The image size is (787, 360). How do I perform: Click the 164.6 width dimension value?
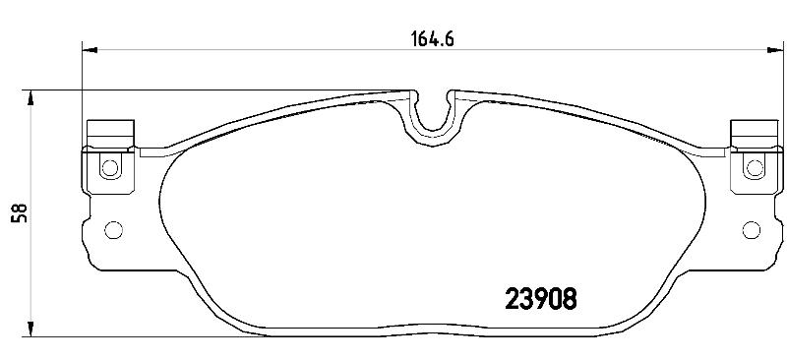433,39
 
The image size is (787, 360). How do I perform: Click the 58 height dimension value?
21,212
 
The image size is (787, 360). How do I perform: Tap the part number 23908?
540,300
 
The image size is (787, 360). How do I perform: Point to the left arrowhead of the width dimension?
89,50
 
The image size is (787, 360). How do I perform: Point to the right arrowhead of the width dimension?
775,50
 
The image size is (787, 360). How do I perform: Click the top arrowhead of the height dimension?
31,97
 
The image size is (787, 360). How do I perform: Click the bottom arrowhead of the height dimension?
31,329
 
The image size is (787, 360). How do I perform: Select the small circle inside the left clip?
110,167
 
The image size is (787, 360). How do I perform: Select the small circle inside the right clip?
755,167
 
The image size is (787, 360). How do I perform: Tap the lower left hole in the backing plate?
113,230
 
